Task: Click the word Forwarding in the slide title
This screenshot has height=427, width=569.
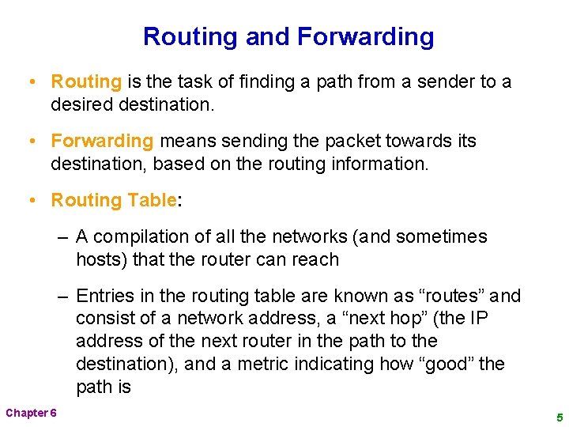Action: point(365,37)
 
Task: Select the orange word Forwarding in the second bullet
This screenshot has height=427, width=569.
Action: point(102,141)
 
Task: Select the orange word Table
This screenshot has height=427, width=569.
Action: point(148,200)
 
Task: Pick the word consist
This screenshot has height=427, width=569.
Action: point(104,319)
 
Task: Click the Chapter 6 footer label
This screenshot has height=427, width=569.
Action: point(31,414)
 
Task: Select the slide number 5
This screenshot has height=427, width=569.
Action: point(559,416)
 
